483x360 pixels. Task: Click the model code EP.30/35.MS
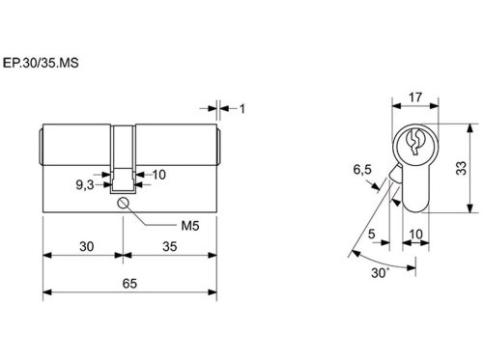click(41, 63)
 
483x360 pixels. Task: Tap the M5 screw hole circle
click(123, 203)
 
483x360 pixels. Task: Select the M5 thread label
click(190, 226)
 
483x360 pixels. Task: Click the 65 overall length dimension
click(129, 284)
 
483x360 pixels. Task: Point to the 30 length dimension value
click(87, 247)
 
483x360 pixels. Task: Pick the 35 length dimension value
click(170, 247)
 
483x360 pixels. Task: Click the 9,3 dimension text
click(85, 185)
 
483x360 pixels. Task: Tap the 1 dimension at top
click(242, 109)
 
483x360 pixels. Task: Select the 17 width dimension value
click(415, 97)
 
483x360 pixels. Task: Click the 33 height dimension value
click(462, 168)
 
